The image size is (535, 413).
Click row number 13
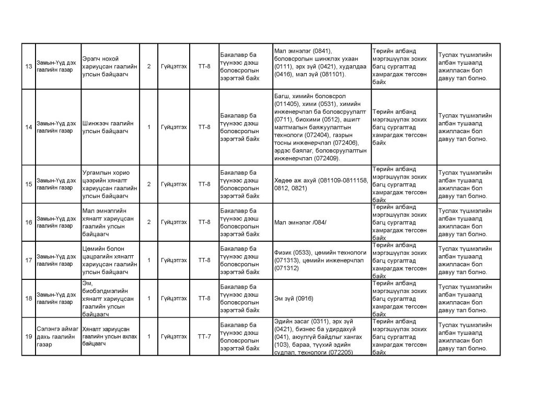[29, 66]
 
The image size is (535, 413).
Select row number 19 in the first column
[29, 336]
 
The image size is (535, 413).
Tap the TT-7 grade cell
[204, 336]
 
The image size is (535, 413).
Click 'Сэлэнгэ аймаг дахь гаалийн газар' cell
[57, 336]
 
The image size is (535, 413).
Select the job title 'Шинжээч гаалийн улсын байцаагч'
[108, 127]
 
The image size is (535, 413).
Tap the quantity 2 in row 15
[149, 184]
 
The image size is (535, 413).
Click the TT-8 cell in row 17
[204, 260]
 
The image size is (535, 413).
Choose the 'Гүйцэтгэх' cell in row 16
[174, 222]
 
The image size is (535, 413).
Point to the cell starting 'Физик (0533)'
[321, 260]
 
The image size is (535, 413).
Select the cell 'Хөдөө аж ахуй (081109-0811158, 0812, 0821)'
[321, 184]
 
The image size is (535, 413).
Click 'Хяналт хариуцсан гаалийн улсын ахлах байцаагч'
[110, 336]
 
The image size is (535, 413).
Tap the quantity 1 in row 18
[149, 298]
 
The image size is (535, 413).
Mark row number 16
[29, 222]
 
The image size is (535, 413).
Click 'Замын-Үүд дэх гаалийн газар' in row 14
[55, 127]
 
